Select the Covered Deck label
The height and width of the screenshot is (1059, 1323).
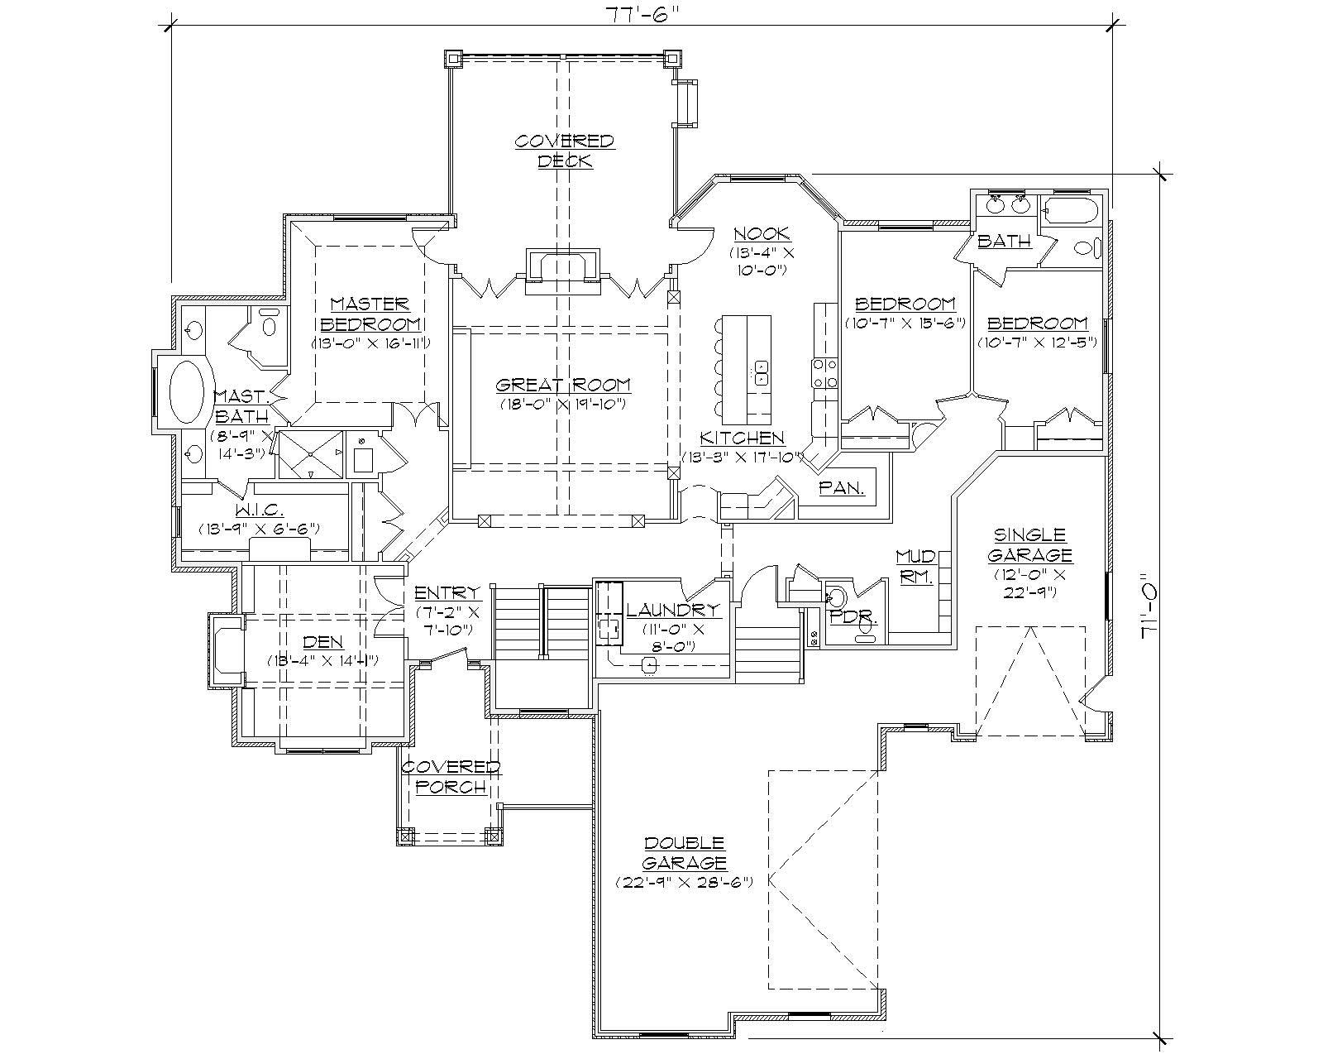point(565,151)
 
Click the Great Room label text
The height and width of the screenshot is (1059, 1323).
point(563,385)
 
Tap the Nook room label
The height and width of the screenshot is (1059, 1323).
point(761,234)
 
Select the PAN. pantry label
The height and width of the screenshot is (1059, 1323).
point(842,488)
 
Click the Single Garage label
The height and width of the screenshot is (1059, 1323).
point(1029,544)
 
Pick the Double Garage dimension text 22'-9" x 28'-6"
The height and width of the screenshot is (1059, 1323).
point(684,883)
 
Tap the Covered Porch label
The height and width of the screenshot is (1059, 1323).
point(451,777)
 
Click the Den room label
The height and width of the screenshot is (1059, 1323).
point(322,642)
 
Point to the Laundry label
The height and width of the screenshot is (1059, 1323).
point(673,611)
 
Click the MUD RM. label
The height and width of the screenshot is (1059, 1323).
point(915,567)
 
